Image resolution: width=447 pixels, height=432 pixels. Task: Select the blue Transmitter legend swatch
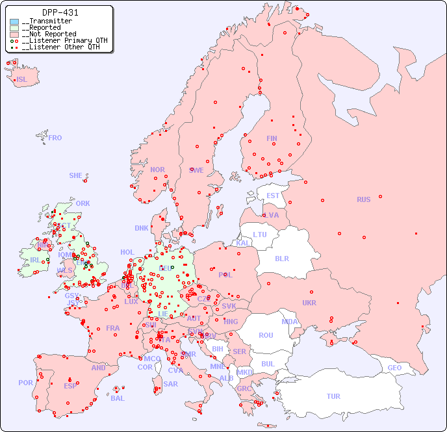tap(14, 21)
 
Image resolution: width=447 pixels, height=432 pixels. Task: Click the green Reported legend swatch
tap(14, 28)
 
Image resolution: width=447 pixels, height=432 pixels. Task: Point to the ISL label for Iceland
tap(22, 80)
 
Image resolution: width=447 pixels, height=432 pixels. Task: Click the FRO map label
tap(55, 138)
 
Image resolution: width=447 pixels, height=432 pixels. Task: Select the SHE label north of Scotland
tap(76, 175)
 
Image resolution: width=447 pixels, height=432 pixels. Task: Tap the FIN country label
tap(272, 138)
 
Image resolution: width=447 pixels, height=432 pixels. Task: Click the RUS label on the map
tap(363, 199)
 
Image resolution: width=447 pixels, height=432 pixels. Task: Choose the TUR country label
tap(333, 396)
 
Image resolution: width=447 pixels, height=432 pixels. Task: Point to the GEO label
tap(394, 368)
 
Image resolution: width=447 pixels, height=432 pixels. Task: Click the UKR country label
tap(309, 303)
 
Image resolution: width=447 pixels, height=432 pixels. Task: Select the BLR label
tap(282, 258)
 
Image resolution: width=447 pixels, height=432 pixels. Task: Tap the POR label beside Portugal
tap(25, 383)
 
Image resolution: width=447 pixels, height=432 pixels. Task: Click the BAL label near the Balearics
tap(118, 398)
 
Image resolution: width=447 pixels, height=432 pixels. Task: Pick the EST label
tap(273, 196)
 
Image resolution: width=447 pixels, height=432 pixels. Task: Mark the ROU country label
tap(266, 335)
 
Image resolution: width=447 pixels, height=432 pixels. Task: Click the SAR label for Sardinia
tap(171, 384)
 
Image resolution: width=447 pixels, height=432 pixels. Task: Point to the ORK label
tap(83, 203)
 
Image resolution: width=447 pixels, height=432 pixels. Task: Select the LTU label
tap(260, 235)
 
